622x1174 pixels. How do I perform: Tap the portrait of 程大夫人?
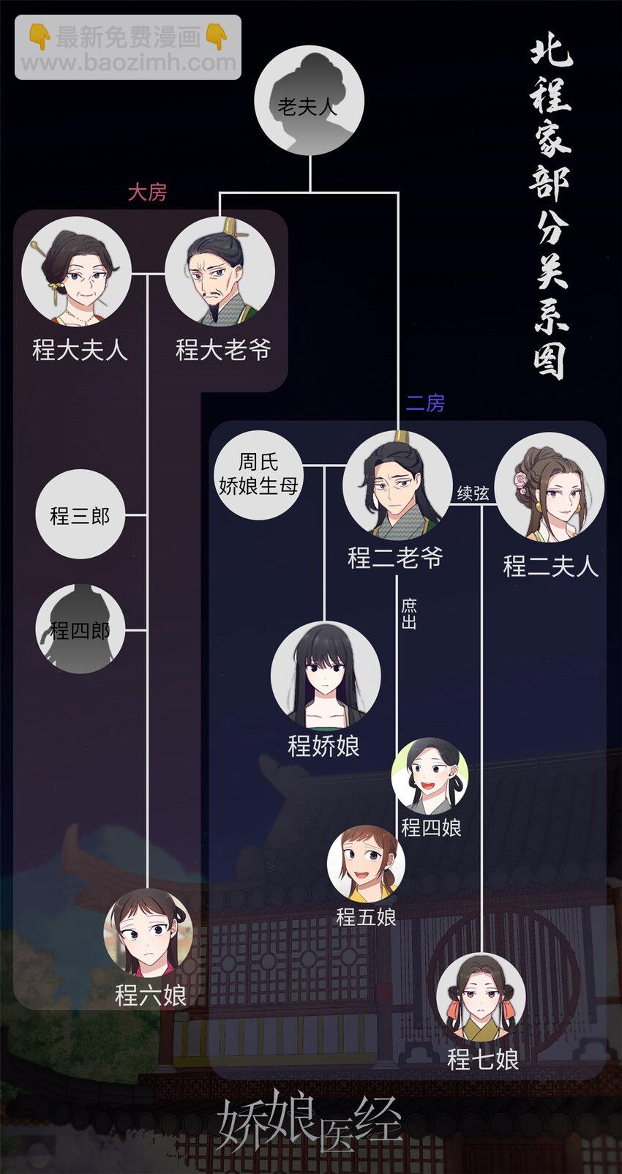(x=77, y=272)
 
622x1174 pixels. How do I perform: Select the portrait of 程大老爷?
(x=220, y=272)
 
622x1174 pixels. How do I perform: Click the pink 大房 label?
(x=147, y=192)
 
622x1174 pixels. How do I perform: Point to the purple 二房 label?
(x=425, y=403)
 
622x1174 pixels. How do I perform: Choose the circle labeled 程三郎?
(x=80, y=515)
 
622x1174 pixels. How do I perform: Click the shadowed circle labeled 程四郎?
(x=80, y=629)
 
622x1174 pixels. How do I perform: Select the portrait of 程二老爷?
(x=397, y=486)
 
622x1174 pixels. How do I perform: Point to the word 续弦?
(x=473, y=493)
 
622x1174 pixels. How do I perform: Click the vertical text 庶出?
(x=408, y=614)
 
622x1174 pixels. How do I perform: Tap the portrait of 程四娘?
(x=430, y=776)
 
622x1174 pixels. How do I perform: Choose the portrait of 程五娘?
(x=365, y=864)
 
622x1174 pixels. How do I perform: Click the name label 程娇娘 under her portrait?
(x=324, y=746)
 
